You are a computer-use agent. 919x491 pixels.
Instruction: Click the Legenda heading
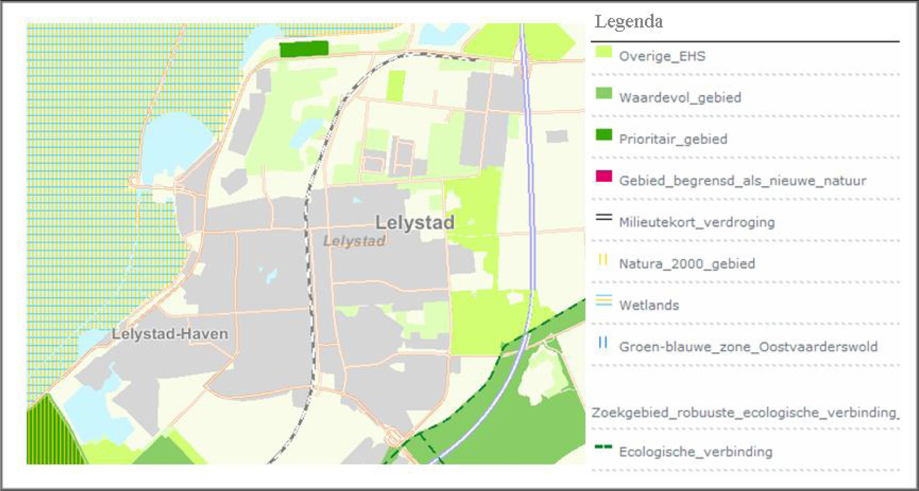628,22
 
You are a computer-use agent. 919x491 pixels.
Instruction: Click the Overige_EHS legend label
662,56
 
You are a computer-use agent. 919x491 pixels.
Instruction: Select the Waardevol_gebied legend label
679,98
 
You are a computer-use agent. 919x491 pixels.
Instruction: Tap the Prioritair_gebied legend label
673,139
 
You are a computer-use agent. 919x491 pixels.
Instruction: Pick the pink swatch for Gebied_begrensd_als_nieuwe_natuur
603,176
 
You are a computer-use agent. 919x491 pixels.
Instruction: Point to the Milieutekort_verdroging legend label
696,222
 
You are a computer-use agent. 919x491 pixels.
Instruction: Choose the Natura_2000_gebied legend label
686,264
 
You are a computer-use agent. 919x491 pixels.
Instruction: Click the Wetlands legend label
648,305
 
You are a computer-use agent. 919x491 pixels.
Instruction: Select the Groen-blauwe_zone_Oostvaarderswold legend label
747,347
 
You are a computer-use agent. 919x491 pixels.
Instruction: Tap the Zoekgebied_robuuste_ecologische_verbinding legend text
744,413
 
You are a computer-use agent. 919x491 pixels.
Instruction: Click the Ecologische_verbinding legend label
695,452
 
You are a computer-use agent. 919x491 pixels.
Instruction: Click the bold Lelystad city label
415,223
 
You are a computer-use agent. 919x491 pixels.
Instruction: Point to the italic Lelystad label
354,241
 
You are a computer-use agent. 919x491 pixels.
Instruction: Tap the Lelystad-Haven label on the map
170,334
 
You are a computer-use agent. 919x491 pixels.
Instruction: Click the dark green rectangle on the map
304,49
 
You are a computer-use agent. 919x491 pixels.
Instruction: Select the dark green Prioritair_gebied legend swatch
603,135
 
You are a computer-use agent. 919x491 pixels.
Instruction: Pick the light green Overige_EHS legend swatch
603,52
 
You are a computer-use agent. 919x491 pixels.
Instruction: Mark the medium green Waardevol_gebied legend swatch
603,93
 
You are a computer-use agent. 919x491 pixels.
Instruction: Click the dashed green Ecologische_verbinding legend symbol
603,447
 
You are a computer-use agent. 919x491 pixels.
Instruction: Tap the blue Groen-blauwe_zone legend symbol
603,342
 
